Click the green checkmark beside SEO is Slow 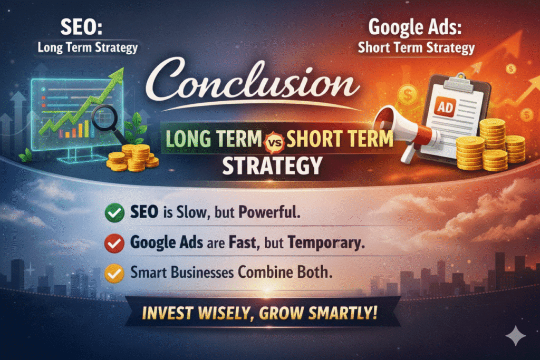pyautogui.click(x=114, y=213)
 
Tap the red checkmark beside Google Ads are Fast pyautogui.click(x=114, y=244)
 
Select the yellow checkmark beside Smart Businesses pyautogui.click(x=114, y=273)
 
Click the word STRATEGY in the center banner pyautogui.click(x=272, y=166)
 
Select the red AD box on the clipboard pyautogui.click(x=445, y=108)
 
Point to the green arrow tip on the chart pyautogui.click(x=121, y=71)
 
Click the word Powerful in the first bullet pyautogui.click(x=269, y=212)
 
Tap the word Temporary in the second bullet pyautogui.click(x=326, y=243)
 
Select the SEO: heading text pyautogui.click(x=81, y=27)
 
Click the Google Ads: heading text pyautogui.click(x=414, y=27)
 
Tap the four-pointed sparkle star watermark pyautogui.click(x=516, y=335)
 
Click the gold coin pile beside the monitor pyautogui.click(x=132, y=158)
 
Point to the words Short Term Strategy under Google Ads pyautogui.click(x=416, y=48)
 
